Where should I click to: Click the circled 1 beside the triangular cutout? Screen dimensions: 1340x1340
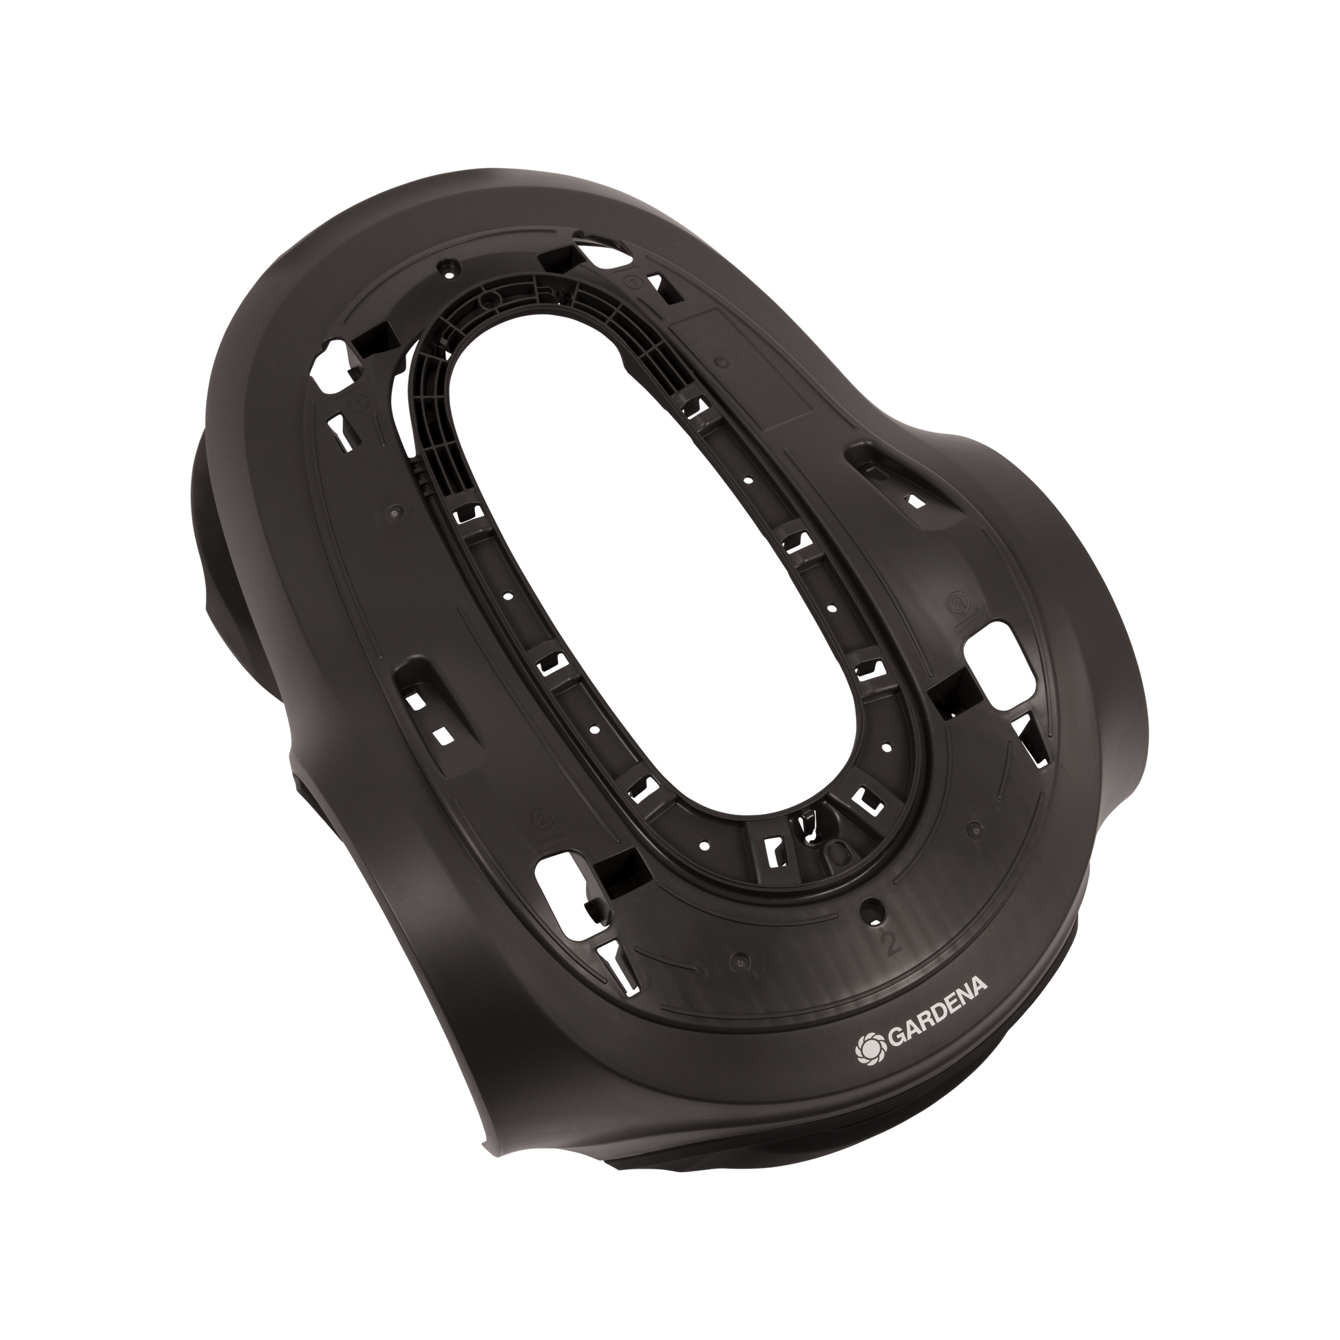pos(634,283)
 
